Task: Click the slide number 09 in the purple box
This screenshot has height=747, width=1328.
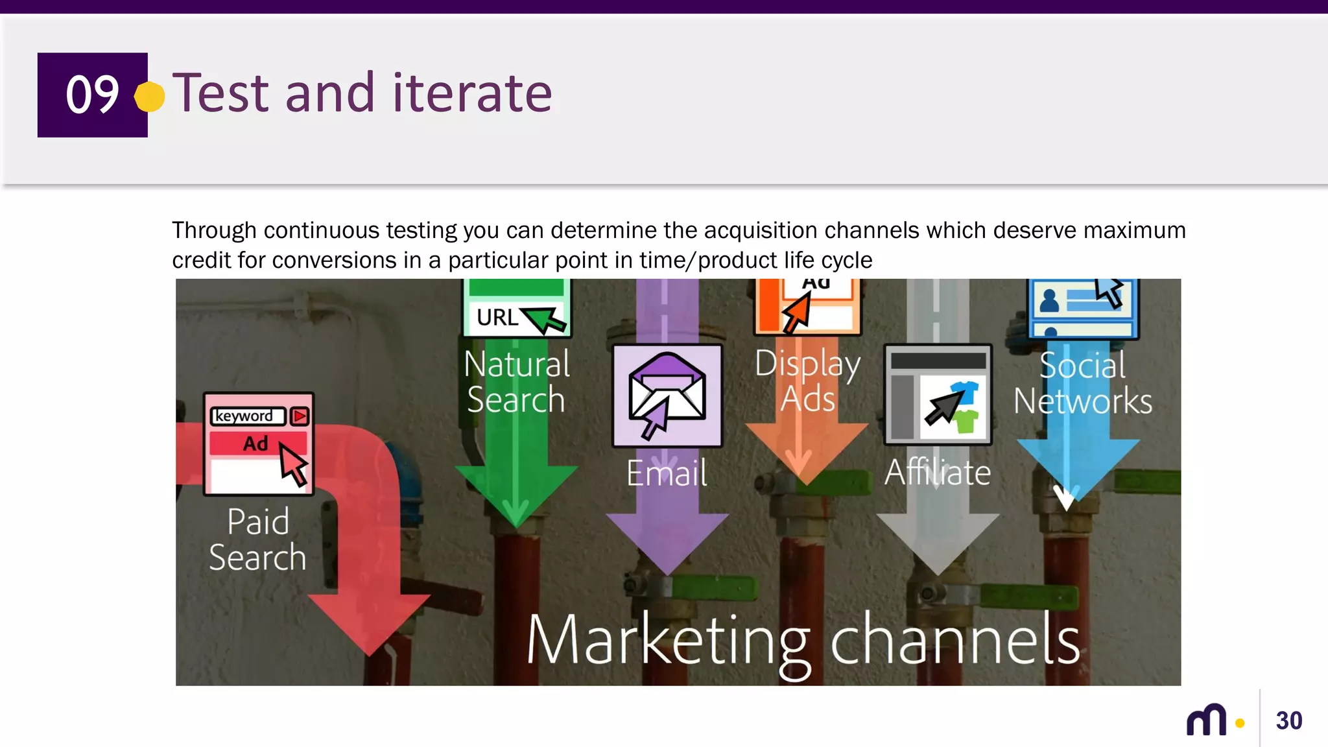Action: (x=92, y=95)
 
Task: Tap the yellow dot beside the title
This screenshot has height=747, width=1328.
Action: (x=150, y=97)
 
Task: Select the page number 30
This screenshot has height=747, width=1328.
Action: (x=1288, y=720)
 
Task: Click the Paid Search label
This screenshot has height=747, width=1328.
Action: (x=257, y=539)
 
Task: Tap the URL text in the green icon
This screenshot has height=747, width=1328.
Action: (x=497, y=318)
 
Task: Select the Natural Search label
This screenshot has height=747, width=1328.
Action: (x=517, y=381)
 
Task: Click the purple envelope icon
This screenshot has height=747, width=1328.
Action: (x=667, y=395)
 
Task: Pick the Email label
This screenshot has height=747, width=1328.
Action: (x=667, y=473)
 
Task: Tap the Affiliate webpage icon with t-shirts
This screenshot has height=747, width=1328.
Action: (x=938, y=394)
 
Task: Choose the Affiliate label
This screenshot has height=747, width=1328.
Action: (x=938, y=472)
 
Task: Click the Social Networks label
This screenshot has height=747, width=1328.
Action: (x=1083, y=383)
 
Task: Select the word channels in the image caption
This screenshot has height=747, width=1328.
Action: (x=955, y=641)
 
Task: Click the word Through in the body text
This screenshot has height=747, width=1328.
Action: (x=214, y=231)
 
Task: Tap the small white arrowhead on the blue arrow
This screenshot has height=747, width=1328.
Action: (x=1065, y=498)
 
